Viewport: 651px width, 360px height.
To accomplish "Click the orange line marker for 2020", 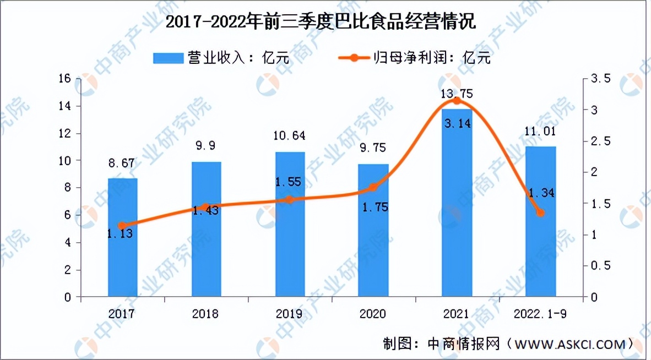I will [373, 188].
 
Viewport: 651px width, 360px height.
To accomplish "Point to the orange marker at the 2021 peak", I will [457, 101].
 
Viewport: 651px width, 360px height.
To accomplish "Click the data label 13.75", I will [457, 92].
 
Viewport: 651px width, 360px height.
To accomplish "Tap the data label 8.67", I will [122, 164].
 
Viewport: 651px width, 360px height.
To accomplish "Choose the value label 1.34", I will [540, 193].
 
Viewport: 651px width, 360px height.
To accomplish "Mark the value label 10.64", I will [290, 135].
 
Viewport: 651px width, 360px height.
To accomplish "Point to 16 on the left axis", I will [65, 79].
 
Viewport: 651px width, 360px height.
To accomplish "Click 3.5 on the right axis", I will [600, 79].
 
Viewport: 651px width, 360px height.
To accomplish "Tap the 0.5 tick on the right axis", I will [600, 266].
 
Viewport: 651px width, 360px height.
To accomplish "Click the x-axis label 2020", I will [373, 314].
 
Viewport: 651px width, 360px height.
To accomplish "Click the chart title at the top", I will [321, 23].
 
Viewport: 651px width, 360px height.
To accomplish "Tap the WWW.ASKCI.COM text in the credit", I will [571, 344].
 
